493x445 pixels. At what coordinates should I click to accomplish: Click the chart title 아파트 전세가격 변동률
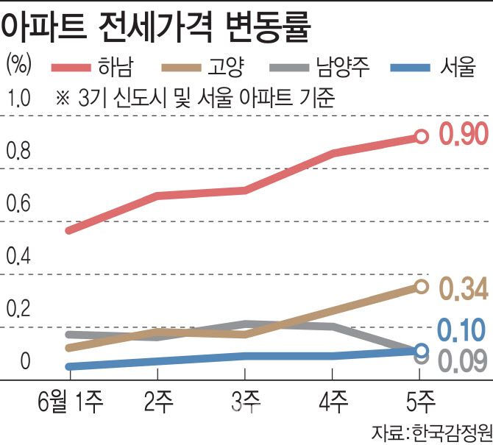[155, 27]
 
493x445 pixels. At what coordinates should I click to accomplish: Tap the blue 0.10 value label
[463, 330]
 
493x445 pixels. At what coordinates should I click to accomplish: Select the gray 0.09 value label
[463, 360]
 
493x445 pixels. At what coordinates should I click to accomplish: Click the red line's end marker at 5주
[421, 136]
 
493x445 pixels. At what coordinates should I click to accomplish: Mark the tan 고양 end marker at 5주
[421, 287]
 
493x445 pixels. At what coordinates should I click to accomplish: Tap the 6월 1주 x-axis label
[70, 402]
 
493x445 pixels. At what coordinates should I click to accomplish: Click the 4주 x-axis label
[333, 402]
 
